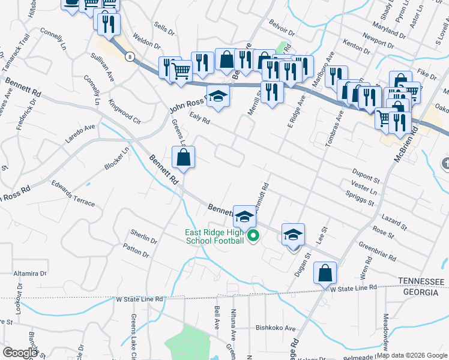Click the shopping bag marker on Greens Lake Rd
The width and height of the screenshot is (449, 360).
[x=183, y=158]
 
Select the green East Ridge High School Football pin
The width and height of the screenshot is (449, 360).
[x=253, y=236]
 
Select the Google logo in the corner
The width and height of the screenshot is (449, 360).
[x=20, y=353]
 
